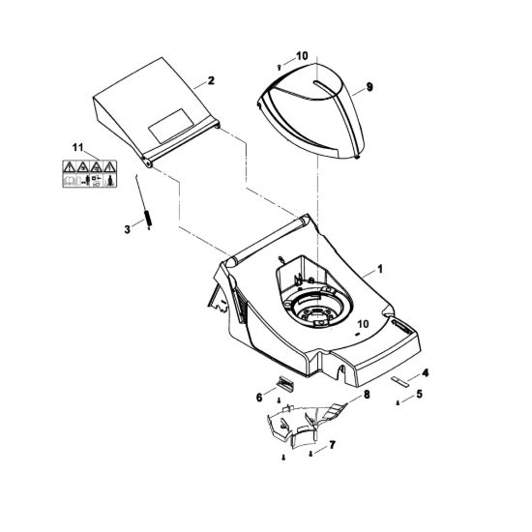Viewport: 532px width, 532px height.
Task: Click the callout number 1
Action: (x=380, y=269)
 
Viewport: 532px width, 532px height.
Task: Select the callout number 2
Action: (x=211, y=80)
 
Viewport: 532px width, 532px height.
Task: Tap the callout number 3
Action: (x=128, y=229)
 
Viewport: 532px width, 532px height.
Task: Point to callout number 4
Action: (x=425, y=373)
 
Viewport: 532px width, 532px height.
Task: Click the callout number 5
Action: (x=420, y=395)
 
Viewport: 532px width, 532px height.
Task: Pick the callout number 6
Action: (x=259, y=398)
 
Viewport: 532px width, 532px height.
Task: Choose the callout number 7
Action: (x=332, y=445)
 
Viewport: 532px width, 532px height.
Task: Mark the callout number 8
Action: (x=367, y=395)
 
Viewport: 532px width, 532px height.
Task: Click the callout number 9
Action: (x=369, y=87)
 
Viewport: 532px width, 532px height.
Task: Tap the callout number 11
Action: (x=77, y=148)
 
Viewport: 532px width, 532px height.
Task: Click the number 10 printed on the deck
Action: (x=363, y=324)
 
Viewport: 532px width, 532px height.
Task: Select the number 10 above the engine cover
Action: (x=302, y=56)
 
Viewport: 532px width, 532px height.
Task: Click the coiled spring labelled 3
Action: (x=148, y=220)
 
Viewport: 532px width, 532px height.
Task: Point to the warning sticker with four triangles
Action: (x=90, y=174)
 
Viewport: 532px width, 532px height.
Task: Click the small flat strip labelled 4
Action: (x=399, y=380)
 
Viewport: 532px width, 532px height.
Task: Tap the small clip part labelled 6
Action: (x=285, y=383)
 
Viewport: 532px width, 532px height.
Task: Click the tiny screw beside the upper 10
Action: (x=279, y=68)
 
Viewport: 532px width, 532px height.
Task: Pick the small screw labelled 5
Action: (x=398, y=403)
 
